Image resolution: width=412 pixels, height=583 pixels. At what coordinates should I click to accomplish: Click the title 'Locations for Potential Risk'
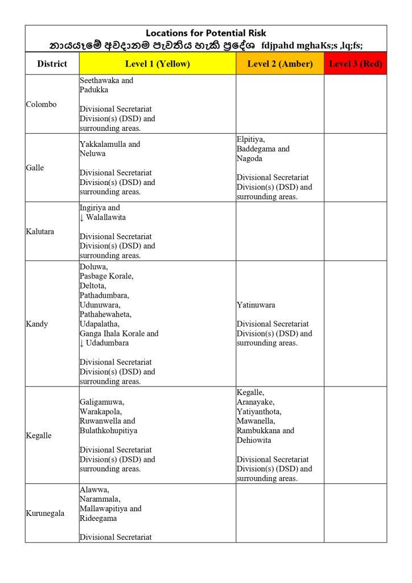tap(205, 33)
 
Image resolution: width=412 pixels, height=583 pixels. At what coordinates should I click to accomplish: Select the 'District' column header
tap(52, 64)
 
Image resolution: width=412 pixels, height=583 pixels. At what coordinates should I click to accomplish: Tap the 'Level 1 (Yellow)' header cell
tap(158, 64)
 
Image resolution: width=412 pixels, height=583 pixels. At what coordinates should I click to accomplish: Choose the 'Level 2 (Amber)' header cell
tap(279, 64)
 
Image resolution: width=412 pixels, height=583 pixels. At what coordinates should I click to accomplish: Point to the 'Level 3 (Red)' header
tap(355, 64)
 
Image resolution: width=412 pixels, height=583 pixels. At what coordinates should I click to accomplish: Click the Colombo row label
tap(42, 104)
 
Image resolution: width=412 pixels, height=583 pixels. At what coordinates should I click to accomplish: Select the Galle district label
tap(35, 168)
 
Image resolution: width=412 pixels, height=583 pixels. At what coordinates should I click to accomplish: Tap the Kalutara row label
tap(40, 232)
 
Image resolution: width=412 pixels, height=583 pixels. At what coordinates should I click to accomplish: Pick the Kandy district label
tap(37, 324)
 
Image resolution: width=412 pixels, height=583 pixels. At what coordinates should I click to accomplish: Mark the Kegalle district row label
tap(39, 436)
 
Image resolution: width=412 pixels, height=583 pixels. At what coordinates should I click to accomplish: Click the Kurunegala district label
tap(45, 513)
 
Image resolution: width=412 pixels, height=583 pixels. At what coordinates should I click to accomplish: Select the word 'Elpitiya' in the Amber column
tap(251, 139)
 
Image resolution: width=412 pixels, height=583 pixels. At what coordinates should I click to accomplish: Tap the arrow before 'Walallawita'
tap(82, 217)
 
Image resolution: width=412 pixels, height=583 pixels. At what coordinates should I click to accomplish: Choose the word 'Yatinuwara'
tap(256, 305)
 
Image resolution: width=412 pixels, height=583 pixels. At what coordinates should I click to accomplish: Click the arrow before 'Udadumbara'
tap(82, 343)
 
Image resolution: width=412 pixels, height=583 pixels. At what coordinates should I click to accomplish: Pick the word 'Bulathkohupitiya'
tap(108, 430)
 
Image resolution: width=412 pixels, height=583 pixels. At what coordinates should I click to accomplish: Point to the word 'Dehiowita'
tap(254, 440)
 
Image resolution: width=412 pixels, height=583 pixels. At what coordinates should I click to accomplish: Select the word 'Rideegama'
tap(97, 518)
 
